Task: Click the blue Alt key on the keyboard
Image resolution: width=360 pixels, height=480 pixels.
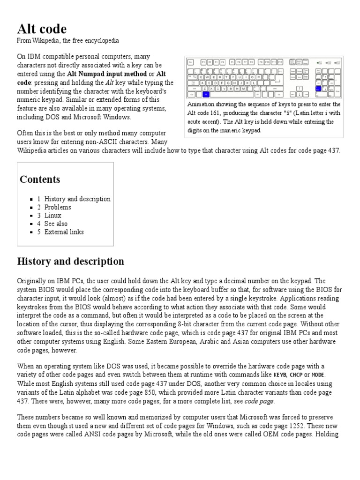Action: [206, 94]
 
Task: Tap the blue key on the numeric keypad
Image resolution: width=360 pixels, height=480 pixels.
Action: [318, 88]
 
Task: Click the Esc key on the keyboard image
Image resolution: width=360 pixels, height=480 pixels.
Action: [191, 62]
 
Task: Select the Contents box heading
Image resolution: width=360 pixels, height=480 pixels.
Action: [40, 180]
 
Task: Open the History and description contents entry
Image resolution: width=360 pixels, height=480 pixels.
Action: [77, 199]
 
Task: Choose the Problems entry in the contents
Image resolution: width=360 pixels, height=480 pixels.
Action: [58, 207]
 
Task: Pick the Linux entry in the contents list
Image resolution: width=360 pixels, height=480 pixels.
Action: [52, 216]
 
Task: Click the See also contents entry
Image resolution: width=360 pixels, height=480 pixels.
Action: [56, 224]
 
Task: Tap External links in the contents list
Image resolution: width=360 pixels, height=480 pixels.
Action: [64, 232]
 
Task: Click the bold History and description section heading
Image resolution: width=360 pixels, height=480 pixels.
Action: [70, 262]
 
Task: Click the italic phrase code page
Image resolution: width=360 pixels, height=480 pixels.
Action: [259, 401]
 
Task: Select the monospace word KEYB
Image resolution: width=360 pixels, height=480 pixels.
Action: [280, 375]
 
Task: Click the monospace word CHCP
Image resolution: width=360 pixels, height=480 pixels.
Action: [296, 375]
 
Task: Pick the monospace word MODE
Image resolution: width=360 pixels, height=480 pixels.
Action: [317, 375]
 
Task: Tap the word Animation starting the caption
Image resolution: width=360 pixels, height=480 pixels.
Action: [201, 105]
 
